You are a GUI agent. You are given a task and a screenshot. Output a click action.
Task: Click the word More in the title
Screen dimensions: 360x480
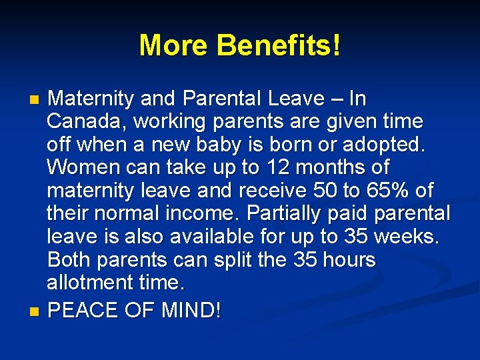tap(174, 45)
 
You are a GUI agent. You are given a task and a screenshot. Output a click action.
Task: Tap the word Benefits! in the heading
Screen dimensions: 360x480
tap(279, 45)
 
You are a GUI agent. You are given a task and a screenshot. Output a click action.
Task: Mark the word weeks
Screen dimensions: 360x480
tap(406, 237)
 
